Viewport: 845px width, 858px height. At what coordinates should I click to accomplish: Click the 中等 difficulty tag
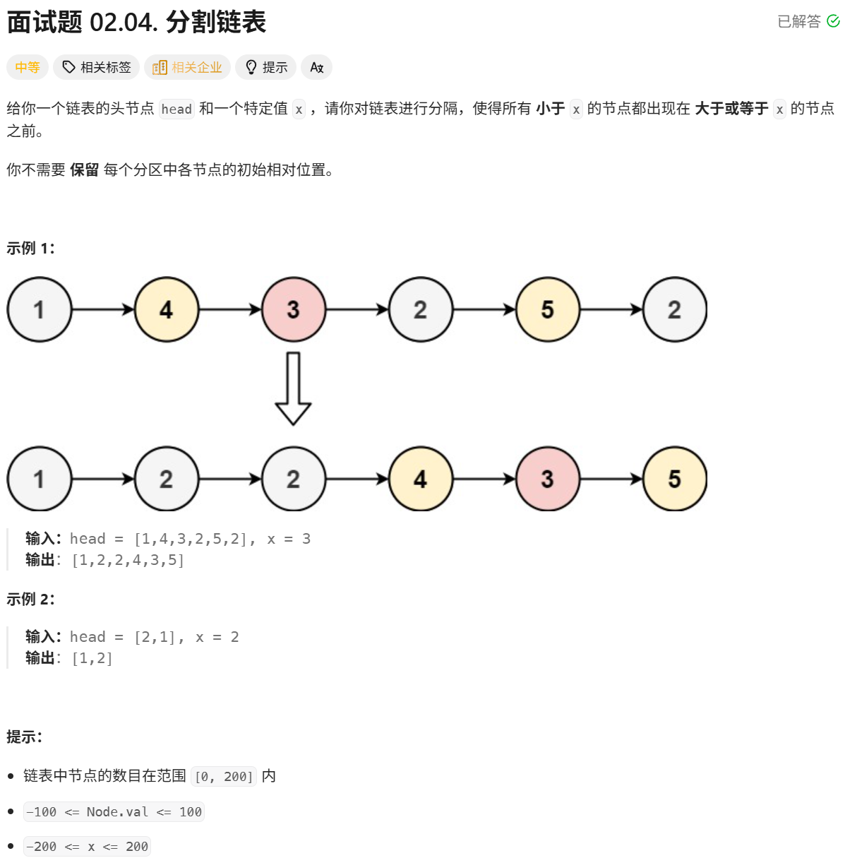click(28, 67)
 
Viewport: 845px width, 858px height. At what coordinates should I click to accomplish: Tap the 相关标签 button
click(97, 67)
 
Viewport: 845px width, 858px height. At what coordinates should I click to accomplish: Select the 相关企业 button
click(188, 67)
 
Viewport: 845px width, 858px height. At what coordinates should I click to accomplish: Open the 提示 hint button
click(266, 67)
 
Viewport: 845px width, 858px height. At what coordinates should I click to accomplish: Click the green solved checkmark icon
click(833, 21)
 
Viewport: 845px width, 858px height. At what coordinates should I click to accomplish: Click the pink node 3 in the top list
click(293, 309)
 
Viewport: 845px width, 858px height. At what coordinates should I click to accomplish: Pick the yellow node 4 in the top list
click(166, 309)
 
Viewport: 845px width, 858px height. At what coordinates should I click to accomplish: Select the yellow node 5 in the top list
click(547, 309)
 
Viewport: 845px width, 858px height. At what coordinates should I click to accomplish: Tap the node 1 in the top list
click(39, 309)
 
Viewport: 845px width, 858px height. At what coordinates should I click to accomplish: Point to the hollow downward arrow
click(293, 388)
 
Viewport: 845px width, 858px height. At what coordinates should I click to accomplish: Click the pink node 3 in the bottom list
click(547, 479)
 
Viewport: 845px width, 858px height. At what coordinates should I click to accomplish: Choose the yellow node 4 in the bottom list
click(420, 479)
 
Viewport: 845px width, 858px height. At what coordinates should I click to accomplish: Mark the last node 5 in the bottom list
click(674, 479)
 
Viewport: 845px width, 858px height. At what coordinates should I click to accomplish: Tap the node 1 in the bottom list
click(39, 479)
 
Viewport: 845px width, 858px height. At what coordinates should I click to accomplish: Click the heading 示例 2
click(30, 599)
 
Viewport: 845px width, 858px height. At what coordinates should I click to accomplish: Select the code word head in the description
click(176, 109)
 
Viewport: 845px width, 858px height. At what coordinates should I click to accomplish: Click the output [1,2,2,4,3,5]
click(128, 560)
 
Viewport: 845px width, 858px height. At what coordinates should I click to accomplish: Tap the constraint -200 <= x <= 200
click(87, 846)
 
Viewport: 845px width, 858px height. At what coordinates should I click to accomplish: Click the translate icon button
click(316, 67)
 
